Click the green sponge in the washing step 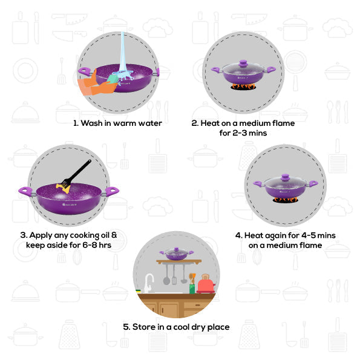click(113, 79)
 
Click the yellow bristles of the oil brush click(63, 188)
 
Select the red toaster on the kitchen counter click(206, 285)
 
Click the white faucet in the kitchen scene click(149, 283)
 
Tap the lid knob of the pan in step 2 click(243, 63)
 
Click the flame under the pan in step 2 click(243, 87)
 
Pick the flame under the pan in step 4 click(286, 200)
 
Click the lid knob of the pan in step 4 click(286, 177)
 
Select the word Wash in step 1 click(91, 123)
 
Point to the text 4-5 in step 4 click(309, 235)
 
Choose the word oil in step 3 click(105, 235)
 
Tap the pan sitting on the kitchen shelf click(176, 254)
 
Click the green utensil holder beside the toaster click(192, 289)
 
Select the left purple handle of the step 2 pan click(216, 70)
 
